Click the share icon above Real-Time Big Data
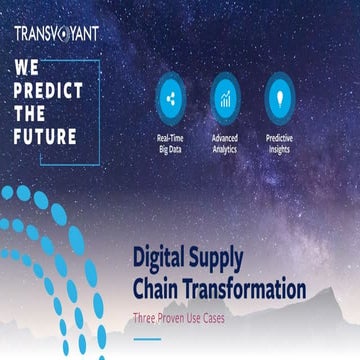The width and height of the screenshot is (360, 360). [169, 98]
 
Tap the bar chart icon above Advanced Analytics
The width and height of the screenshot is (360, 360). [225, 98]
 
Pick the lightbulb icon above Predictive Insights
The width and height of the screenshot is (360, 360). [279, 98]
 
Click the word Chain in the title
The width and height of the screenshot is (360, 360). [156, 289]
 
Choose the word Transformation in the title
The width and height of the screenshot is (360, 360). [245, 289]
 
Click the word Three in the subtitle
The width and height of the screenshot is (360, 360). [147, 317]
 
